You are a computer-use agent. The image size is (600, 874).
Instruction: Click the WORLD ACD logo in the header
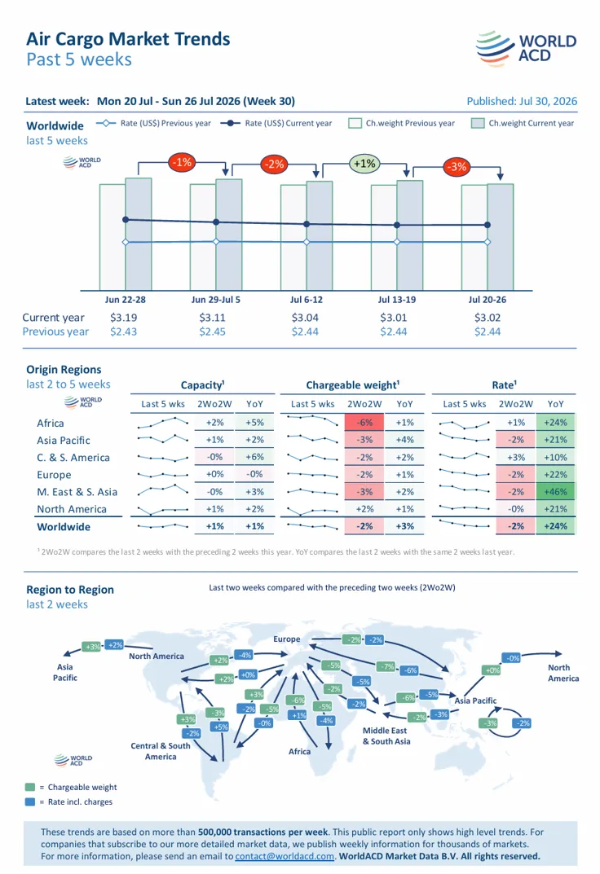tap(526, 49)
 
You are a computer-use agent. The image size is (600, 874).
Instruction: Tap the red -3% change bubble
tap(457, 166)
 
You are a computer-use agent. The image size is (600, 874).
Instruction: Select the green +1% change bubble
tap(364, 164)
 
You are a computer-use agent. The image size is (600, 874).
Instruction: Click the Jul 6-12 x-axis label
tap(307, 299)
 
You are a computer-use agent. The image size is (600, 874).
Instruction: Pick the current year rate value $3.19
tap(123, 318)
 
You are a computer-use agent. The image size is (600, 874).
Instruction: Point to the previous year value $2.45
tap(213, 332)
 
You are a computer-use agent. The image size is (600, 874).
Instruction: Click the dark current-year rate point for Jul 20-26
tap(487, 225)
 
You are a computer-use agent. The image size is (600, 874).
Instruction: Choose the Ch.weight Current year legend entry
tap(523, 123)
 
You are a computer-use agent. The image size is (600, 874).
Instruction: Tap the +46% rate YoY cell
tap(555, 492)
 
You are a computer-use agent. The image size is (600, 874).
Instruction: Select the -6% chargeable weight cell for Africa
tap(364, 423)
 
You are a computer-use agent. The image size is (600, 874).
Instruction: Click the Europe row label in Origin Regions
tap(54, 475)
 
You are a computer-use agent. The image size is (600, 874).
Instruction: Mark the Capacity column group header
tap(202, 384)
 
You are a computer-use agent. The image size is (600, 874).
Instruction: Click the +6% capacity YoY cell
tap(254, 457)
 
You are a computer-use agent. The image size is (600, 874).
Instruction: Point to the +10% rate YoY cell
tap(555, 457)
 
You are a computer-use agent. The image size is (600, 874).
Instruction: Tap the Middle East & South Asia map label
tap(386, 736)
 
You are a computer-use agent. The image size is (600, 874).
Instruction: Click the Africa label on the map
tap(299, 751)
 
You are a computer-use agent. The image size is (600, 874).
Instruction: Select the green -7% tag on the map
tap(386, 666)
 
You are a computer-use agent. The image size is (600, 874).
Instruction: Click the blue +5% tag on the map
tap(220, 727)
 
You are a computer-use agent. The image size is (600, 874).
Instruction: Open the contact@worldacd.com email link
tap(285, 856)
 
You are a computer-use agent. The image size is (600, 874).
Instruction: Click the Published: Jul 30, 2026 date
tap(522, 101)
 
